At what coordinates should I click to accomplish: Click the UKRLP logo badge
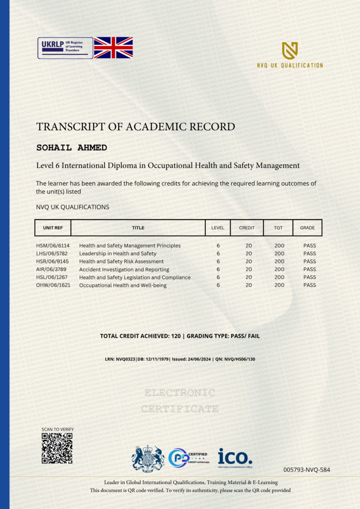(65, 48)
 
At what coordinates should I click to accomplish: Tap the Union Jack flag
(113, 48)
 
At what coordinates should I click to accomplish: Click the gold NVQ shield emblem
(290, 50)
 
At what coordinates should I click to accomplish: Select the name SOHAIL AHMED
(72, 148)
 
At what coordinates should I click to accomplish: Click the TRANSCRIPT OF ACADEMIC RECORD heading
(135, 127)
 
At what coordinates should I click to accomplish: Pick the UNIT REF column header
(53, 228)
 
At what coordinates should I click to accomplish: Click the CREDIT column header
(247, 228)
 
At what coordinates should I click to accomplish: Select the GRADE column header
(307, 228)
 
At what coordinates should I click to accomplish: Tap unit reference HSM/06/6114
(53, 246)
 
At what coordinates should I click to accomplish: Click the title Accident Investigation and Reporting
(124, 269)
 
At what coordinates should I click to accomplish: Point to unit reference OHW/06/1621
(53, 285)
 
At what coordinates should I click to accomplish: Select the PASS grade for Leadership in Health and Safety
(309, 254)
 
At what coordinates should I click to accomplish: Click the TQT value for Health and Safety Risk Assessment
(279, 262)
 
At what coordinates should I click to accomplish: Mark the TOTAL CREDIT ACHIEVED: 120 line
(180, 336)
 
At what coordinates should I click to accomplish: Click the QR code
(57, 448)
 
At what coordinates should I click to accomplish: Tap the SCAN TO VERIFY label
(58, 429)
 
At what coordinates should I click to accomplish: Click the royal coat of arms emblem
(148, 457)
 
